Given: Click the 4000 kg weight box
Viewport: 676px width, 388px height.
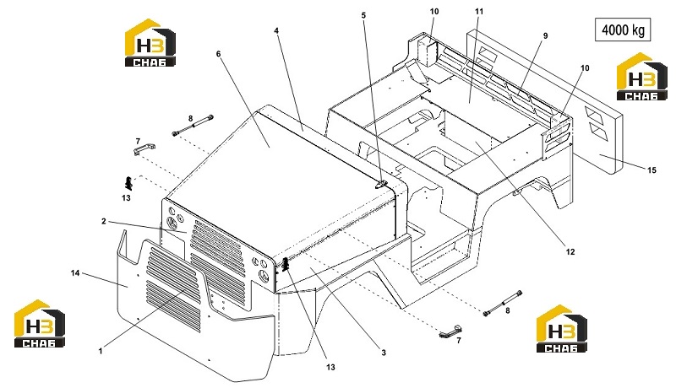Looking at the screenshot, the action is click(623, 30).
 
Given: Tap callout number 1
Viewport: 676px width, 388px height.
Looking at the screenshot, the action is click(101, 351).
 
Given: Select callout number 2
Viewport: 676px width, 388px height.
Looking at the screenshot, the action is click(103, 221).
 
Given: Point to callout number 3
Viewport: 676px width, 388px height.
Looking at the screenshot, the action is click(384, 353).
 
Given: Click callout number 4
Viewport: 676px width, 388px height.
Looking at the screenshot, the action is click(276, 30).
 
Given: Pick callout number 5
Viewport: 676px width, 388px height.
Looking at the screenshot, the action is click(363, 15).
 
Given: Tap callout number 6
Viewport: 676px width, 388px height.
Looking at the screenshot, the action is click(219, 54).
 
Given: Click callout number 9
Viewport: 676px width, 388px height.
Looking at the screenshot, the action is click(545, 35).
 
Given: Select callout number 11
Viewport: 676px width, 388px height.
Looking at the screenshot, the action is click(479, 12).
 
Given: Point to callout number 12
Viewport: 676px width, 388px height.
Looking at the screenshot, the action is click(570, 251).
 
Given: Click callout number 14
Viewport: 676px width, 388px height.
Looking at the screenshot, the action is click(75, 272).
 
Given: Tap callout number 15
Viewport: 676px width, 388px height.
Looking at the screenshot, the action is click(651, 170).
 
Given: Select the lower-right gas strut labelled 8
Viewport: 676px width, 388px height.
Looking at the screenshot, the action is click(504, 304).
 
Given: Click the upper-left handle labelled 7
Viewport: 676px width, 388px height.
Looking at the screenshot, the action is click(144, 149).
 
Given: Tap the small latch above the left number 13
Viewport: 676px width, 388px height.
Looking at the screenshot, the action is click(128, 183).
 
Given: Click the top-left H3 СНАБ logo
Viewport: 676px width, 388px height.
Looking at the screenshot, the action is click(150, 42).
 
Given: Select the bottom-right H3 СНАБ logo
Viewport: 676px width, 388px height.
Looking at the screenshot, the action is click(561, 329).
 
